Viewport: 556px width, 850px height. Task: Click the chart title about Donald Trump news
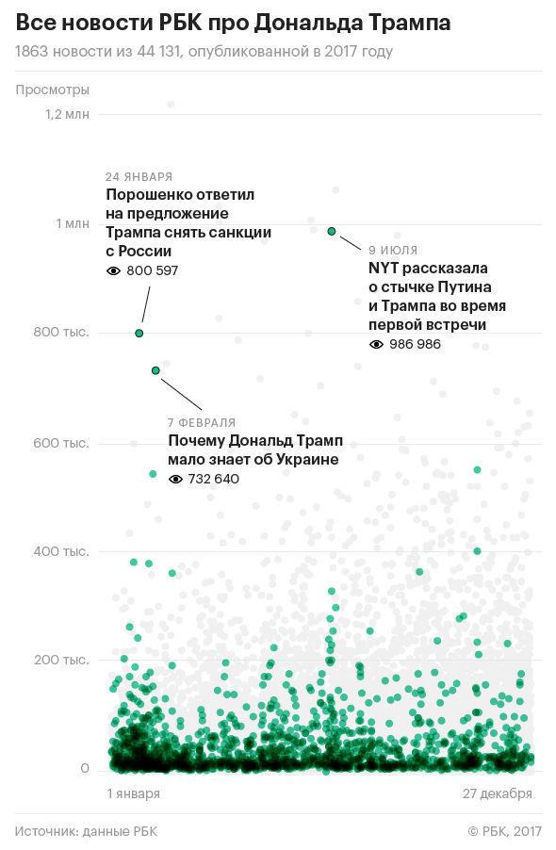coord(233,23)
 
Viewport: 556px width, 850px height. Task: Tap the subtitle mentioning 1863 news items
coord(204,52)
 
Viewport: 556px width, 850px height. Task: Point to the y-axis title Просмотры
coord(52,90)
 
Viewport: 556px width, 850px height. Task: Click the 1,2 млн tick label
coord(67,114)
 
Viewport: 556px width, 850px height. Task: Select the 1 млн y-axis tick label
coord(73,223)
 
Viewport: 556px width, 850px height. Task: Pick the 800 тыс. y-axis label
coord(61,333)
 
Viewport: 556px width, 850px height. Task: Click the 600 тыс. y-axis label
coord(61,443)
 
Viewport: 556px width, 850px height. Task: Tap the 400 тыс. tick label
coord(61,551)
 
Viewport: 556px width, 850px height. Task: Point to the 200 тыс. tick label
coord(61,660)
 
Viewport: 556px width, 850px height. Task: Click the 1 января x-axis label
coord(133,793)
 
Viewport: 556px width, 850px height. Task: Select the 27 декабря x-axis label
coord(498,793)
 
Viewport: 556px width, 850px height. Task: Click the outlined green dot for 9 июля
coord(332,232)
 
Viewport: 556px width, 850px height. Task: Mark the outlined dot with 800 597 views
coord(139,334)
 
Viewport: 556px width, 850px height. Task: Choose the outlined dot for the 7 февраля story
coord(155,370)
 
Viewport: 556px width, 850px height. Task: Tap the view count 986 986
coord(415,344)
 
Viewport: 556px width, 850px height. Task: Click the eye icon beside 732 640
coord(175,480)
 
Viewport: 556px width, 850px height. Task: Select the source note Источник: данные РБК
coord(86,831)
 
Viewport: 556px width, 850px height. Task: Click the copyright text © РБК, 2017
coord(504,831)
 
